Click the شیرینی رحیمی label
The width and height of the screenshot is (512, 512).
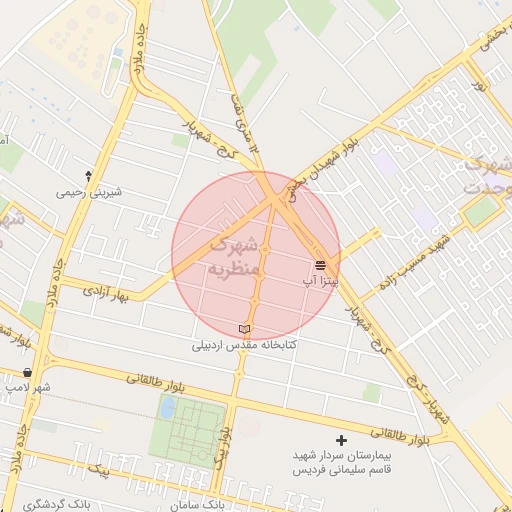(x=88, y=191)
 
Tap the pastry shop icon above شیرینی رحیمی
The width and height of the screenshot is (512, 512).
(x=89, y=175)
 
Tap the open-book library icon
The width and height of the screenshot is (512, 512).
(x=245, y=329)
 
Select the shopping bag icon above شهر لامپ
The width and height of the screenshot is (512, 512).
(x=26, y=372)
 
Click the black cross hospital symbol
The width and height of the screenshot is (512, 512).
(x=342, y=440)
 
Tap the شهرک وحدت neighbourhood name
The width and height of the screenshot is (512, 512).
(x=487, y=174)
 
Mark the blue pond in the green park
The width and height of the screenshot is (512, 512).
(x=167, y=407)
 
